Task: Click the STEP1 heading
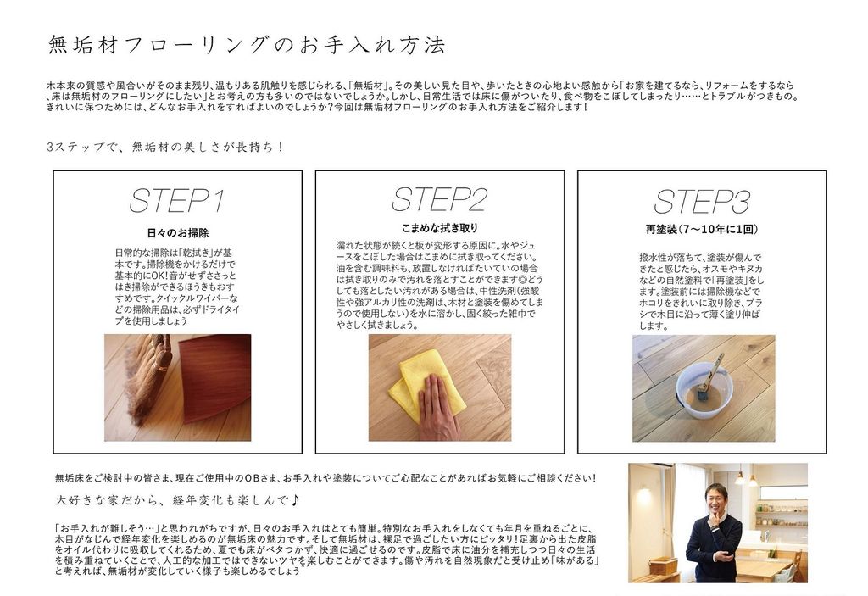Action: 177,201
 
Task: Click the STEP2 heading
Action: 439,199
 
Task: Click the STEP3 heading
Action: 702,201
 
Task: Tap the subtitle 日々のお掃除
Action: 177,233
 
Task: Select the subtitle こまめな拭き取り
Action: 440,228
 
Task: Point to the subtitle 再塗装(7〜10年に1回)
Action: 702,229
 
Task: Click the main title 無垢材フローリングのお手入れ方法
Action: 247,45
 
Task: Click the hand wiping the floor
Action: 438,408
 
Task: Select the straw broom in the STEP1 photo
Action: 144,376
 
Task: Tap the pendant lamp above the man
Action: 740,477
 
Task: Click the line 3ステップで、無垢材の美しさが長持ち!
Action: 165,148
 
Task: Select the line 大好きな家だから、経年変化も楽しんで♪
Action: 177,501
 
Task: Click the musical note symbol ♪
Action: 294,500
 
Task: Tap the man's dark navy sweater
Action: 713,546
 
